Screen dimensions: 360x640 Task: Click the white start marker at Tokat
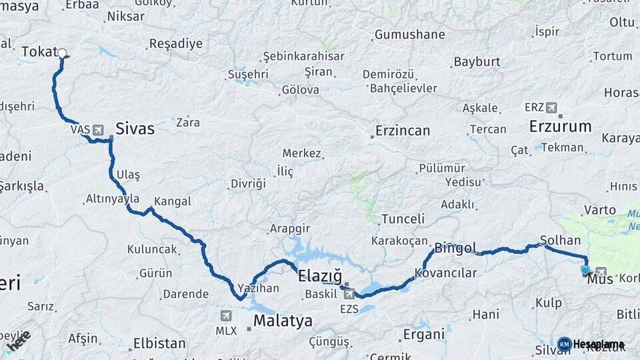[x=62, y=53]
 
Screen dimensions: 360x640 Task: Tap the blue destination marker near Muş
[x=585, y=270]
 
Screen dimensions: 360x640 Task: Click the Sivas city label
[x=135, y=128]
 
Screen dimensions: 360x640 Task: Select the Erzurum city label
[x=560, y=126]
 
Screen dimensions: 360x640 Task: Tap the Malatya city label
[x=283, y=321]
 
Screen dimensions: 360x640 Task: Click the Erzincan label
[x=403, y=130]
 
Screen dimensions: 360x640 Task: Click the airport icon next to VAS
[x=99, y=129]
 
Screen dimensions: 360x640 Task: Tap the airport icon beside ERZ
[x=551, y=107]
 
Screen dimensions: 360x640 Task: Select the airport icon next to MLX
[x=226, y=315]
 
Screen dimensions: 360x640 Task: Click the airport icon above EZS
[x=349, y=294]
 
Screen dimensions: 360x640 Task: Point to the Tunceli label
[x=403, y=219]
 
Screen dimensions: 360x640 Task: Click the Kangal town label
[x=172, y=201]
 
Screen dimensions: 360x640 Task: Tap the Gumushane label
[x=409, y=35]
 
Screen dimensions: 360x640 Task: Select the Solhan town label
[x=560, y=240]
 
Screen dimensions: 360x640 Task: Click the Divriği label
[x=248, y=183]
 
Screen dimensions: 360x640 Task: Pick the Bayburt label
[x=477, y=62]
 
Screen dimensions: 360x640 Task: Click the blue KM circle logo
[x=565, y=344]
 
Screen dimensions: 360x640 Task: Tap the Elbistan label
[x=159, y=343]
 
